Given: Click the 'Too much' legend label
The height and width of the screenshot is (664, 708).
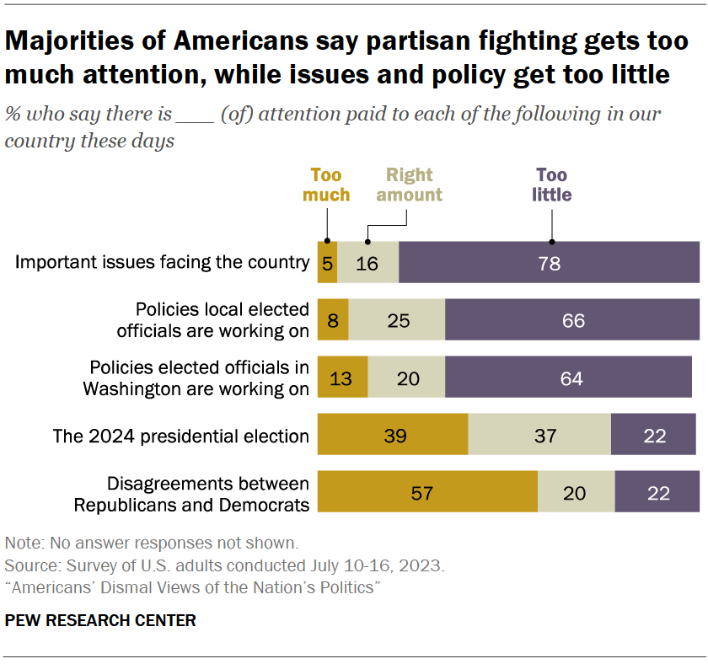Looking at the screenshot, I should (326, 185).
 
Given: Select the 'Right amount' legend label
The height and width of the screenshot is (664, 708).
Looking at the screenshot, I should (409, 185).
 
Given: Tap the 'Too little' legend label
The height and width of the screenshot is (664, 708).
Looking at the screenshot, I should (552, 185).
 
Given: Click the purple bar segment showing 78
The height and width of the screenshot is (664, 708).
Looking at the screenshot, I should (549, 262).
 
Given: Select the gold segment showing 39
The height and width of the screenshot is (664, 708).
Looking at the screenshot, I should (392, 435).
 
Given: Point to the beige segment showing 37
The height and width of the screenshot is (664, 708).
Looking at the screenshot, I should (539, 435).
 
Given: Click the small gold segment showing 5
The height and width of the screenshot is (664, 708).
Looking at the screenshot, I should (327, 262).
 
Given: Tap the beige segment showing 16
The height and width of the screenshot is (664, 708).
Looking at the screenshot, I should (368, 262).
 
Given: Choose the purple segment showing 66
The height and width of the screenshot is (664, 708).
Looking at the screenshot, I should (572, 320).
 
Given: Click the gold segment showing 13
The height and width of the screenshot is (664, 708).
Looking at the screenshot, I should (342, 378).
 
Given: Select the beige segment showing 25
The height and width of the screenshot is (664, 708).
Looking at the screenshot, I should (396, 320).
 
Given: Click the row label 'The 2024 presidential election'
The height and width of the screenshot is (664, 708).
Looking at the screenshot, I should (180, 436).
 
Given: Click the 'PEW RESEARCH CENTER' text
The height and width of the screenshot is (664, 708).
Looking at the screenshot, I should (100, 621).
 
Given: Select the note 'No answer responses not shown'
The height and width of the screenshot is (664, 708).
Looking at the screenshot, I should (151, 543).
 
